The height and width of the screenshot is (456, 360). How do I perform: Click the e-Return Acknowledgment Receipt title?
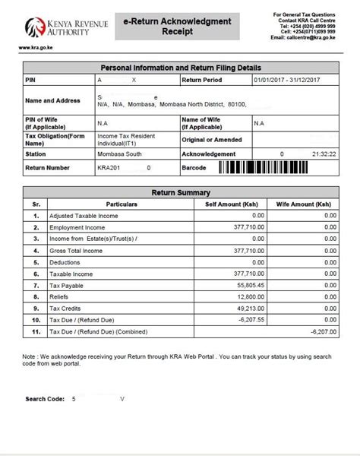(177, 27)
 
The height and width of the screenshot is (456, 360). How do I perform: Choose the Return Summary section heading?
(181, 193)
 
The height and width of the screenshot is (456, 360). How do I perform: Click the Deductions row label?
(67, 262)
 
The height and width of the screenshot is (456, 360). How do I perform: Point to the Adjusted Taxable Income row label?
(84, 217)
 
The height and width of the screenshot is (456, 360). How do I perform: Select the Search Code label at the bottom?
(45, 398)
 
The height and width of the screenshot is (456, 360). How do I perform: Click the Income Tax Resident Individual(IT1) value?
(125, 138)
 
